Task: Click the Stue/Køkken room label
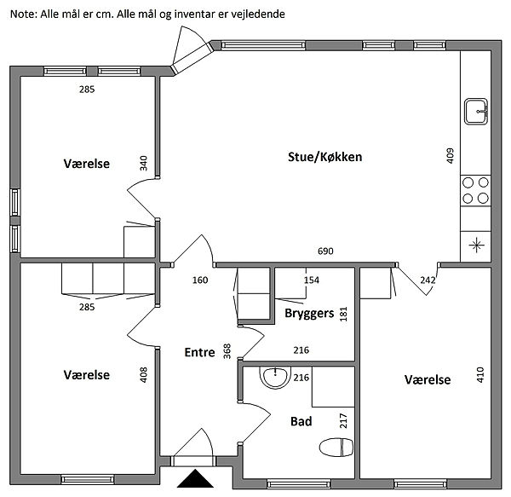[324, 158]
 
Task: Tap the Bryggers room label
[308, 313]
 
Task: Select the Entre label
[200, 351]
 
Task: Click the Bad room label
[301, 421]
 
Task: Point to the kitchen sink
[476, 111]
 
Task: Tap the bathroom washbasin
[275, 377]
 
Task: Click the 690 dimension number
[324, 251]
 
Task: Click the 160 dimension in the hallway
[200, 280]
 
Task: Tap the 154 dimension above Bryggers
[312, 280]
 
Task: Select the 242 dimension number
[428, 280]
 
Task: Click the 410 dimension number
[481, 375]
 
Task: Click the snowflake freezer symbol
[476, 246]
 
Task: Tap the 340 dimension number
[144, 163]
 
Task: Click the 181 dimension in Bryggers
[344, 314]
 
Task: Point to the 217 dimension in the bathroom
[344, 419]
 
